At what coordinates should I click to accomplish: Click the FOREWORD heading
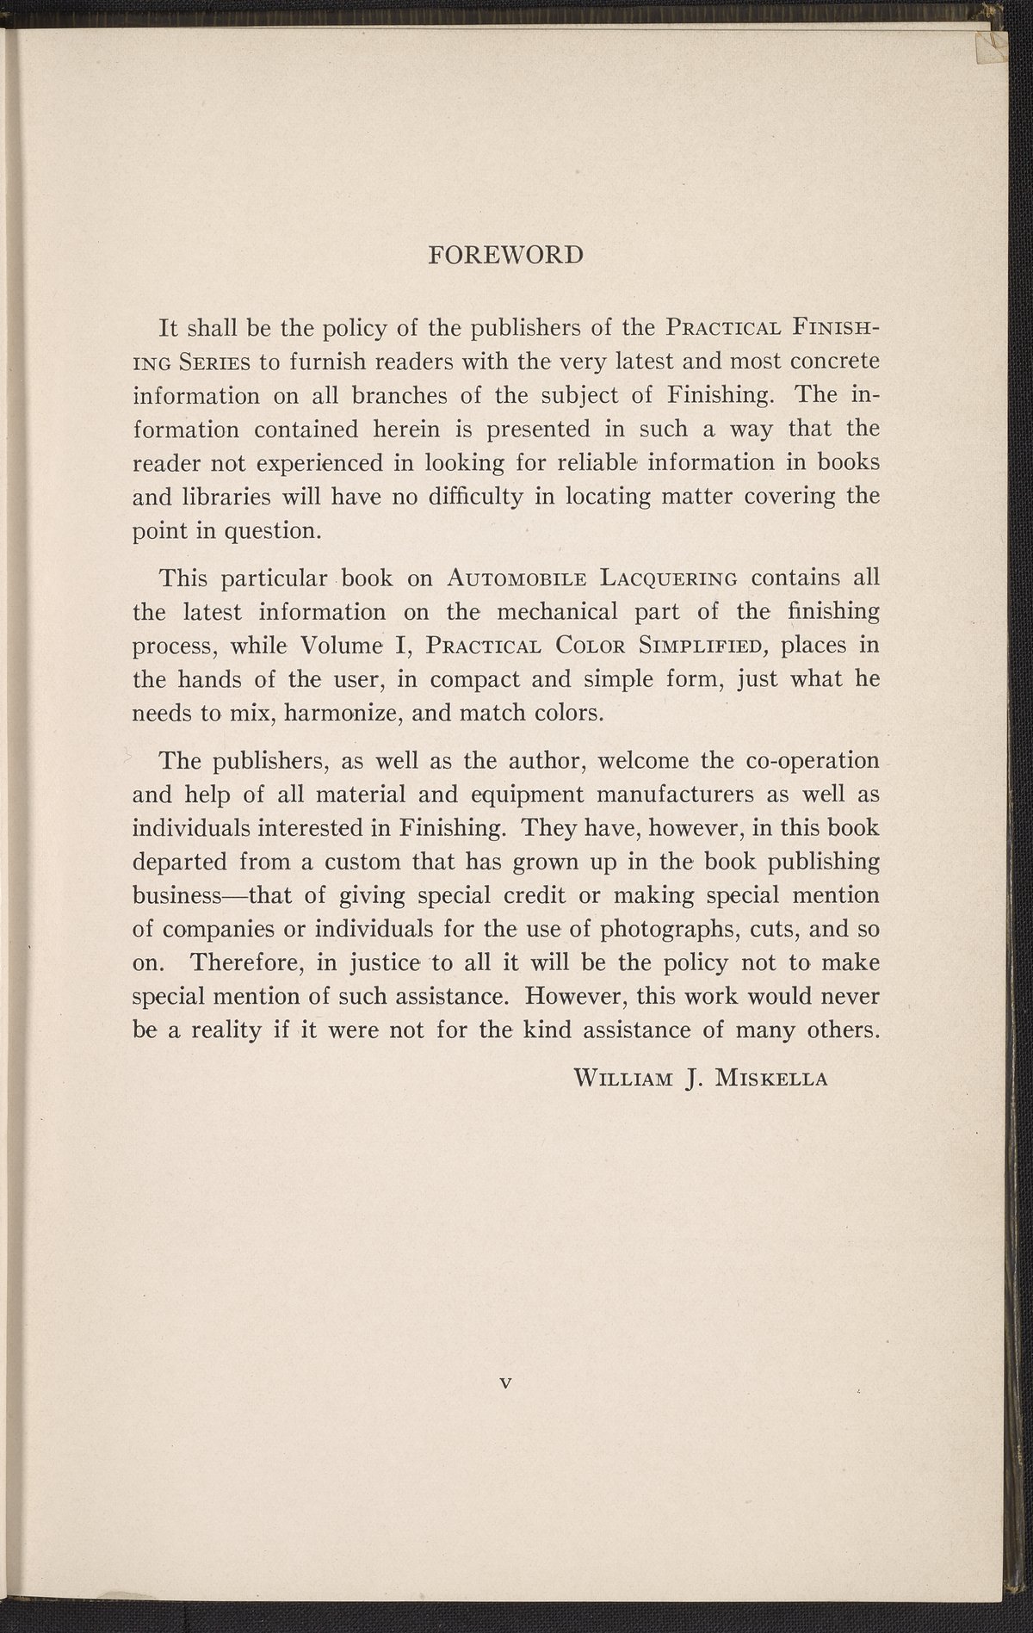point(506,256)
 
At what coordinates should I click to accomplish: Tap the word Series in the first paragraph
point(214,362)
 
